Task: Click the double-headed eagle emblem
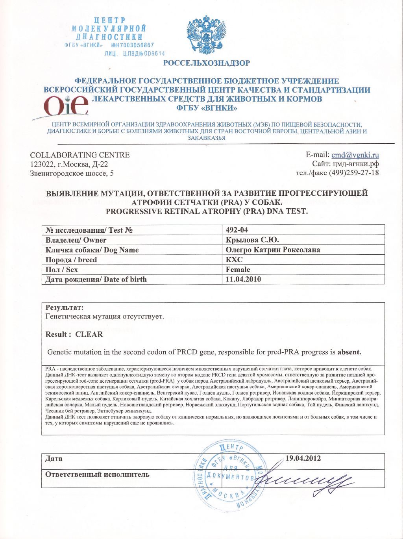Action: tap(206, 37)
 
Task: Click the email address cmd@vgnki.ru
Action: tap(355, 155)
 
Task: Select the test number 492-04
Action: tap(237, 230)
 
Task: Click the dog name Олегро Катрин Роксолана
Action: tap(273, 250)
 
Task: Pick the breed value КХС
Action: tap(234, 260)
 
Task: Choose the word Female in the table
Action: tap(238, 270)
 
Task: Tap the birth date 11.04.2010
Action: tap(243, 280)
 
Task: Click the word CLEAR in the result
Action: tap(89, 334)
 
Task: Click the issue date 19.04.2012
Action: tap(303, 458)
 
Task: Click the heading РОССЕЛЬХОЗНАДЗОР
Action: tap(207, 63)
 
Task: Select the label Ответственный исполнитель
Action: tap(97, 474)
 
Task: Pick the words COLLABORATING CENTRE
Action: tap(80, 155)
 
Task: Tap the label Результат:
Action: tap(64, 307)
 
